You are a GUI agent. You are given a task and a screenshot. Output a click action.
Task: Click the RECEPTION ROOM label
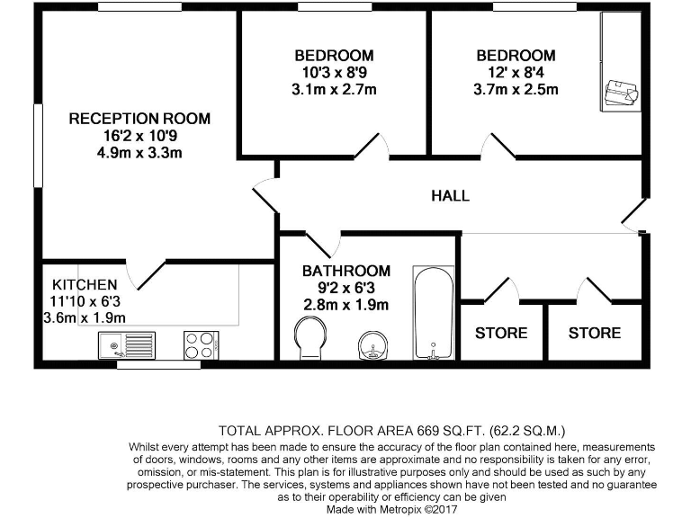[139, 118]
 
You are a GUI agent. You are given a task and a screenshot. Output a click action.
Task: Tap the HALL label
[450, 195]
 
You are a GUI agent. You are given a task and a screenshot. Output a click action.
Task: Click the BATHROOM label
[345, 271]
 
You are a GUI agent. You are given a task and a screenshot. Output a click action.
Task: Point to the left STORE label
[501, 333]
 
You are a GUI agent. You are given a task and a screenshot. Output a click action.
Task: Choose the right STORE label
[595, 333]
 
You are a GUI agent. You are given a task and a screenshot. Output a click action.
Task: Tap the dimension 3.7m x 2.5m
[516, 89]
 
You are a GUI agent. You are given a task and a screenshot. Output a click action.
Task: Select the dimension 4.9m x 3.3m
[139, 152]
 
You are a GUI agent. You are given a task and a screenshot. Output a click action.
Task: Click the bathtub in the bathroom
[434, 312]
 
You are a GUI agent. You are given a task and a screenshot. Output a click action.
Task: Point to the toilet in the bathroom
[310, 341]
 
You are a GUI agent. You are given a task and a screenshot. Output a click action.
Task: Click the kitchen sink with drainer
[128, 344]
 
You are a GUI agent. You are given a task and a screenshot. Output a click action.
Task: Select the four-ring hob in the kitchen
[201, 344]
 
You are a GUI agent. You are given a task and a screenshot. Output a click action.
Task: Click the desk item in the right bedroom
[621, 93]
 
